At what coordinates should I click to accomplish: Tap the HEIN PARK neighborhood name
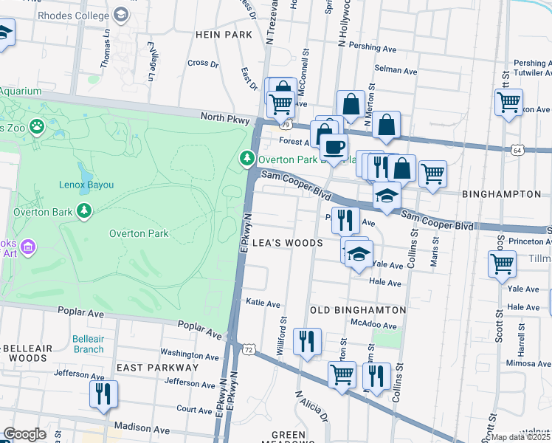(219, 34)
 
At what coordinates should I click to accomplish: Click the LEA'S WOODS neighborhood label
(288, 243)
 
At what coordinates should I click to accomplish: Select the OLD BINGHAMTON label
(358, 310)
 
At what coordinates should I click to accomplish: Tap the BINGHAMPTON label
(501, 193)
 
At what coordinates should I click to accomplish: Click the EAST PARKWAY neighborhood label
(157, 367)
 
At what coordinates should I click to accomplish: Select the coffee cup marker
(334, 146)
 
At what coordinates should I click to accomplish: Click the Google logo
(24, 434)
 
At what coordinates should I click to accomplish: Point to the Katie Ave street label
(263, 303)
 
